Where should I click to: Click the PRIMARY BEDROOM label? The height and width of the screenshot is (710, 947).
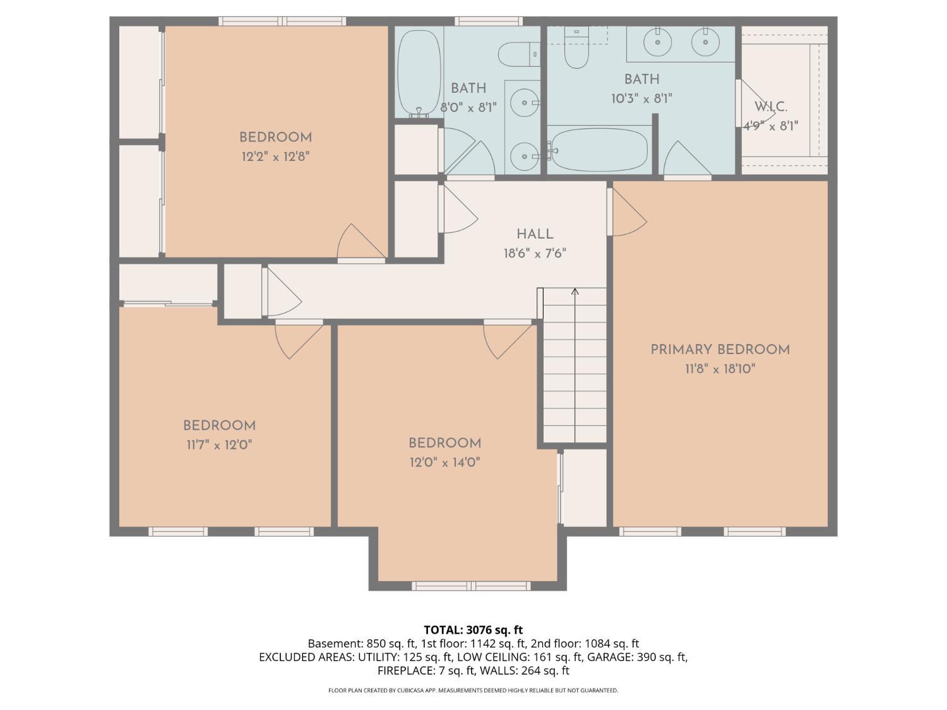tap(720, 350)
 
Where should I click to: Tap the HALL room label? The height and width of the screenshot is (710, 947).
tap(535, 234)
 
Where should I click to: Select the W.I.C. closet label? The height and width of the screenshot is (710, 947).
tap(770, 107)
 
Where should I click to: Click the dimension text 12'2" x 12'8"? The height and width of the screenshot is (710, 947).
tap(275, 157)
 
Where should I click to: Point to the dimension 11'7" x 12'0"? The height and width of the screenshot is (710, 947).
tap(219, 445)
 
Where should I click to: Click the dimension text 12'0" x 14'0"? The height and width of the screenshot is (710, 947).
tap(444, 463)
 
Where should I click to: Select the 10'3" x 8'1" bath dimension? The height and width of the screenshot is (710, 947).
tap(641, 98)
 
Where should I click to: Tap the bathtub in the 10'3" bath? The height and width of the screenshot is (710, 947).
tap(597, 150)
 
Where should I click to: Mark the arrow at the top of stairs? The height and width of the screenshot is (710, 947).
tap(575, 292)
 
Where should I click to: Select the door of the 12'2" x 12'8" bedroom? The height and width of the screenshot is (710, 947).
tap(360, 243)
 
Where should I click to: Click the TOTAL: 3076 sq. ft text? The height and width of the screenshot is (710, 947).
tap(473, 630)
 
